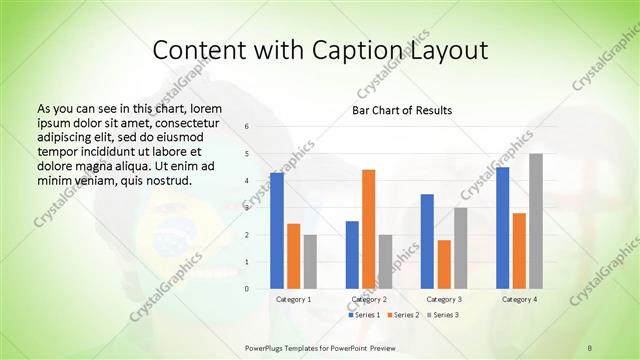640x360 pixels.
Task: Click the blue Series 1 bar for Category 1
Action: point(277,231)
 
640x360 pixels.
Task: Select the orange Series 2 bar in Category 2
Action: point(368,229)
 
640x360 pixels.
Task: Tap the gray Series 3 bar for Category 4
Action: point(535,221)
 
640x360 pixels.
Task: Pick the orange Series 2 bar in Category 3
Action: point(444,264)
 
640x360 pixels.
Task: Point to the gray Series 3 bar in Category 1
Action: point(310,262)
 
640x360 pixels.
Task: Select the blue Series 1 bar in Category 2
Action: point(352,255)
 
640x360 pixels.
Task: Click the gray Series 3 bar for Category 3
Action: point(460,248)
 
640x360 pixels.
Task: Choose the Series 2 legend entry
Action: point(404,315)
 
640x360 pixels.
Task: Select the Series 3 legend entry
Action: point(444,315)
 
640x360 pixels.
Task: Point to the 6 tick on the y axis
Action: point(247,127)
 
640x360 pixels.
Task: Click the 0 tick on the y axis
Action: point(247,289)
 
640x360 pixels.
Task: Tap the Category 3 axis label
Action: point(444,299)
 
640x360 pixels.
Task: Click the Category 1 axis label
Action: point(293,299)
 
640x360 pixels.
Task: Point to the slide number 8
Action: point(589,347)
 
